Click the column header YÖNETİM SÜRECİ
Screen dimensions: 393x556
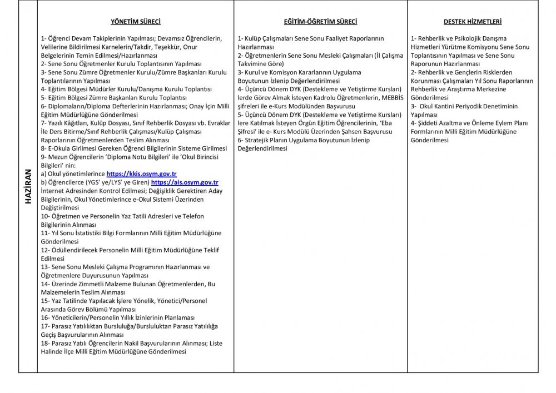[136, 22]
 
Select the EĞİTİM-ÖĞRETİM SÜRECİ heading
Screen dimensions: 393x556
[320, 22]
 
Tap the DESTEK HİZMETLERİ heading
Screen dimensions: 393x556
[473, 22]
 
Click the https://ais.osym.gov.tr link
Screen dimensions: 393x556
[185, 182]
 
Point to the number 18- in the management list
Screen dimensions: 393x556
[46, 344]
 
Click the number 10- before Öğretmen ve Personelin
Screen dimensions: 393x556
[46, 216]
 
